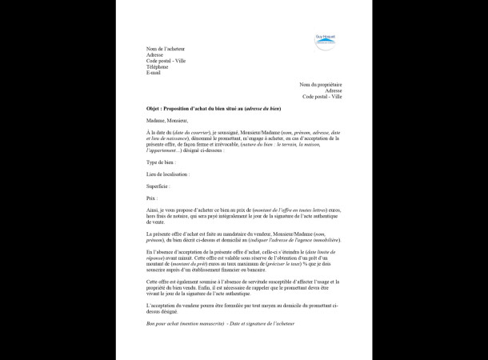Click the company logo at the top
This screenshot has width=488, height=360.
[326, 42]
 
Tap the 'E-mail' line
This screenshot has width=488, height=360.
[154, 73]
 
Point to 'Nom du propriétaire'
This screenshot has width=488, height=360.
[321, 84]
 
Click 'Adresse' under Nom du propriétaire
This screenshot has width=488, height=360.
[333, 90]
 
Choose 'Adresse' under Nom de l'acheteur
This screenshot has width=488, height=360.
[155, 55]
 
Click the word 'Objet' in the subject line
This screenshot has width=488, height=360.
[154, 108]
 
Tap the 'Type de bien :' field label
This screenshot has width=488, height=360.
[162, 162]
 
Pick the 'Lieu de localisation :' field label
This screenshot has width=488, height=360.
[168, 174]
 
